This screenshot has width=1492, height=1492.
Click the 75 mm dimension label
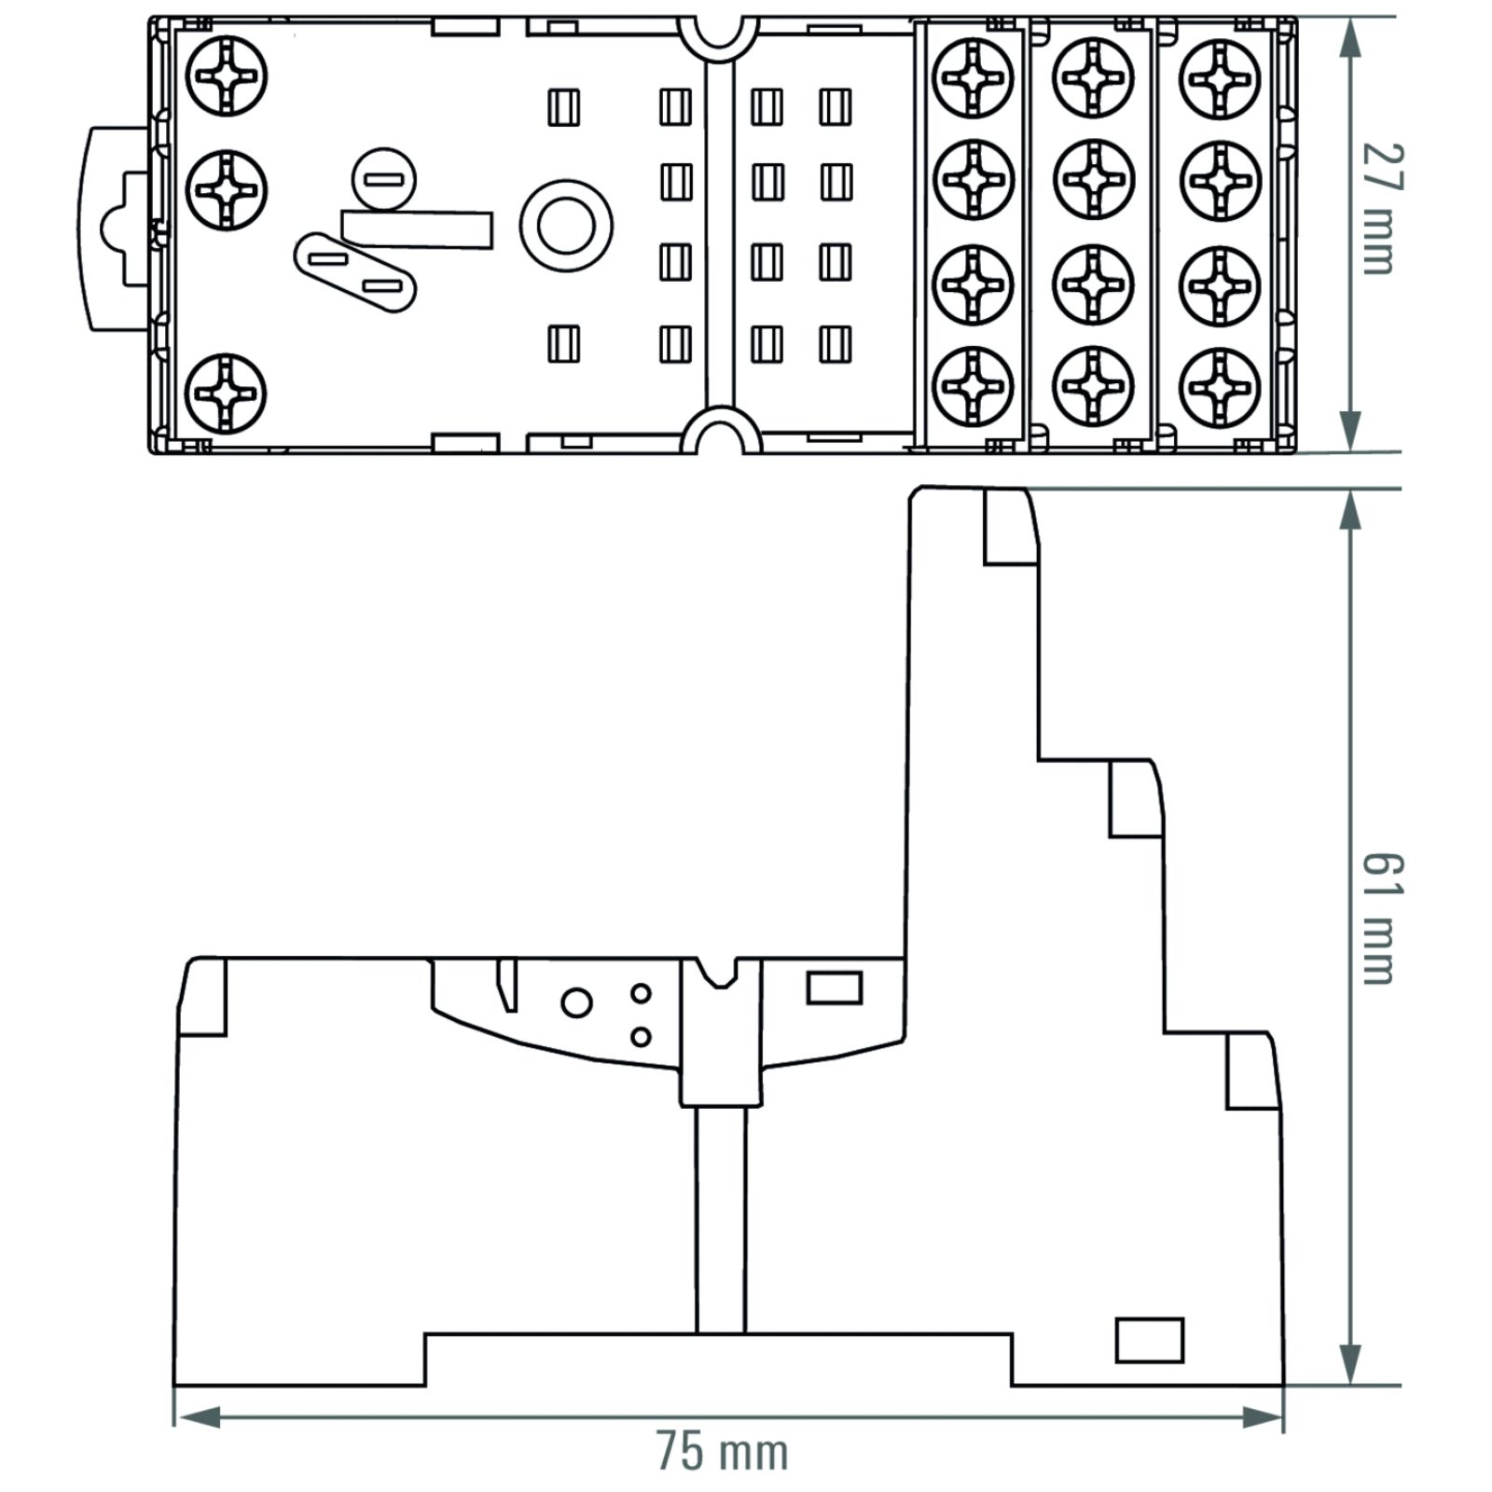[723, 1452]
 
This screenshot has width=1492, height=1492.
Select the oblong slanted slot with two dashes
[354, 272]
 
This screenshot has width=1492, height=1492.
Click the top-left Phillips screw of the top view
[227, 76]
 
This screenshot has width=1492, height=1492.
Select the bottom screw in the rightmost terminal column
[1221, 388]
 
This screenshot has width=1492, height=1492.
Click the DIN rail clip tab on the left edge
[116, 228]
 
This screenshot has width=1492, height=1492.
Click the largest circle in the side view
[576, 1002]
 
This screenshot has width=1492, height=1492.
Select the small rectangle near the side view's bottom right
[1150, 1340]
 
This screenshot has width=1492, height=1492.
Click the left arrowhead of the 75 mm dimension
[197, 1417]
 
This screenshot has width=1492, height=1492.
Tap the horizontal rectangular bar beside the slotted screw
[417, 229]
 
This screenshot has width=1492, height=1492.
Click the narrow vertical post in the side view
[721, 1220]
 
